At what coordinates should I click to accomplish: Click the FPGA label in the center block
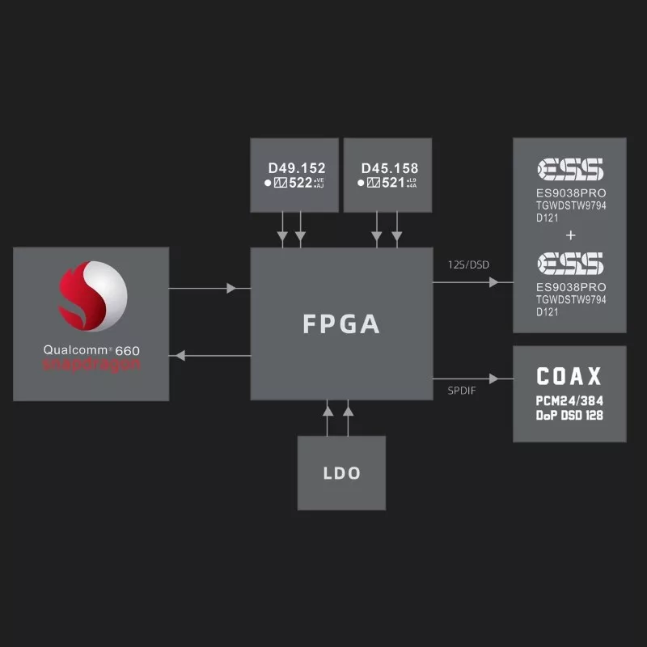click(x=340, y=323)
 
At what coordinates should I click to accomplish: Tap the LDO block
click(x=341, y=473)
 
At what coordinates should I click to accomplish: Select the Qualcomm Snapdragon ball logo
click(x=92, y=296)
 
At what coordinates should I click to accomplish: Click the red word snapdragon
click(x=91, y=365)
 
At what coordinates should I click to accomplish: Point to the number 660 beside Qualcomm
click(x=128, y=351)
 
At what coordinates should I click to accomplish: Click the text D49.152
click(x=296, y=168)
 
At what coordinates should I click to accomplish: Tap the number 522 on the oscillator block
click(x=301, y=183)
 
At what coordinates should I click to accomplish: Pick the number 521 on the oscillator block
click(x=393, y=183)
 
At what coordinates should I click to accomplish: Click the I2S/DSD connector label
click(x=468, y=265)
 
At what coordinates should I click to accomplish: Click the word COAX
click(x=569, y=376)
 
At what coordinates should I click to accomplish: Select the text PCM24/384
click(x=569, y=401)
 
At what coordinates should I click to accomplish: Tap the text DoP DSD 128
click(x=569, y=416)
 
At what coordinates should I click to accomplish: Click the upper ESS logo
click(x=570, y=169)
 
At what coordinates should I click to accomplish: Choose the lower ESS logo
click(x=570, y=263)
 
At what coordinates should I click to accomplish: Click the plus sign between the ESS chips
click(x=571, y=235)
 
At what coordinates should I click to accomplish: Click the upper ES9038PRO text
click(x=571, y=193)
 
